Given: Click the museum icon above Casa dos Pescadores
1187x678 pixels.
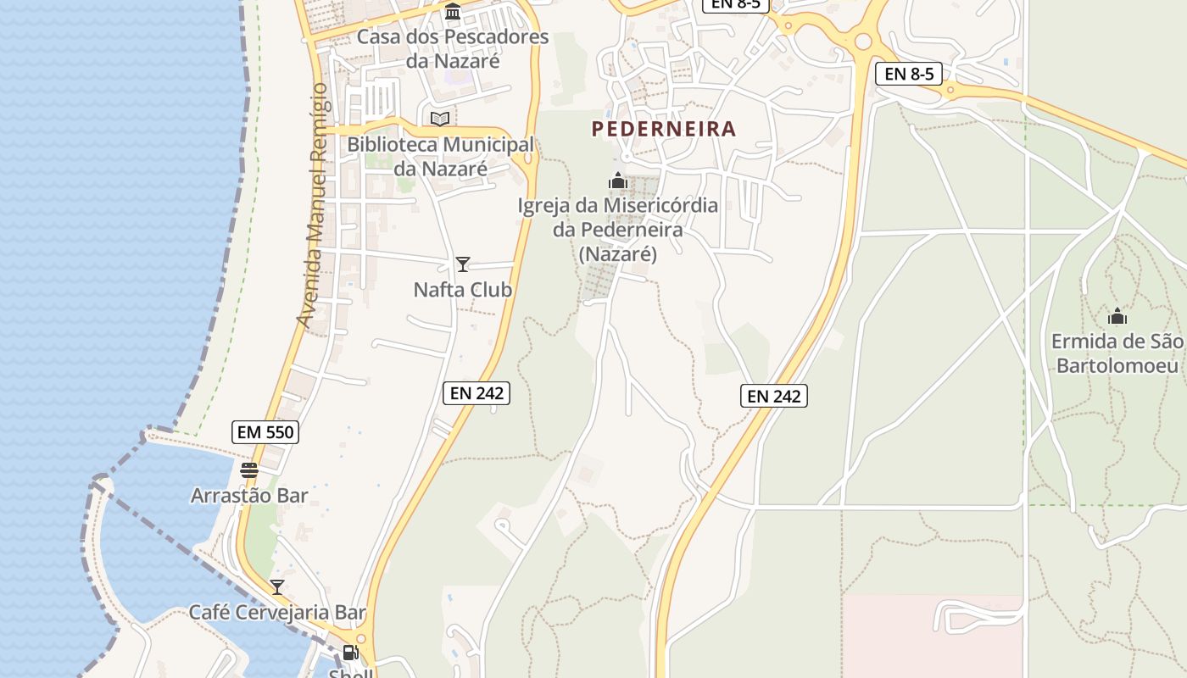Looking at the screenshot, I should pos(453,12).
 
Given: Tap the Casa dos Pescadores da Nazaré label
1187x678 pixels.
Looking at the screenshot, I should pos(453,49).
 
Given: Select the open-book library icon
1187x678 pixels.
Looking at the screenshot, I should pos(439,119).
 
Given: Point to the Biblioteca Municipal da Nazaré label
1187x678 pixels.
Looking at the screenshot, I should pos(441,157).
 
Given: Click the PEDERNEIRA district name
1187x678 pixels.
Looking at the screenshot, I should pos(664,129).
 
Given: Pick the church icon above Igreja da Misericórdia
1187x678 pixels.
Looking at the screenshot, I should pos(618,181).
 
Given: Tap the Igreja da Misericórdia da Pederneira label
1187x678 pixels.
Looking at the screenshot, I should pos(618,229).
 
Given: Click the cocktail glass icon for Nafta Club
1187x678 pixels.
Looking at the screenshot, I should pos(462,264).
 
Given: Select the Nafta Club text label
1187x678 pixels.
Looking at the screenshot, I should pos(463,290).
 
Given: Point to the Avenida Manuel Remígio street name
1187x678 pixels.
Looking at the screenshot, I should pos(311,205).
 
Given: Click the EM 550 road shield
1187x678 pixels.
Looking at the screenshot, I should pos(265,432).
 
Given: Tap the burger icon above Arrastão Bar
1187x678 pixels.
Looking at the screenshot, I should pos(248,470).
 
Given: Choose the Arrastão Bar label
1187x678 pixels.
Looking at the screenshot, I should pos(249,495).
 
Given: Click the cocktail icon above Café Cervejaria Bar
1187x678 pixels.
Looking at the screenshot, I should pos(277,586).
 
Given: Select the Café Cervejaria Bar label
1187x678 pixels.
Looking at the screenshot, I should pos(277,612).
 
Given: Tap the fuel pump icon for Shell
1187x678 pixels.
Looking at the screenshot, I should pos(350,653).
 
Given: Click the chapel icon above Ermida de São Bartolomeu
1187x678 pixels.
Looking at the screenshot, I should pos(1117,317).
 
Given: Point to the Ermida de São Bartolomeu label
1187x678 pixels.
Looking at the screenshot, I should pos(1117,353).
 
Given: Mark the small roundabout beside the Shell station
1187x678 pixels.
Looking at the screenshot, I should pos(362,638).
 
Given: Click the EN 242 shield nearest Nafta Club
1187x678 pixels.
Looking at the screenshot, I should pos(476,392).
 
